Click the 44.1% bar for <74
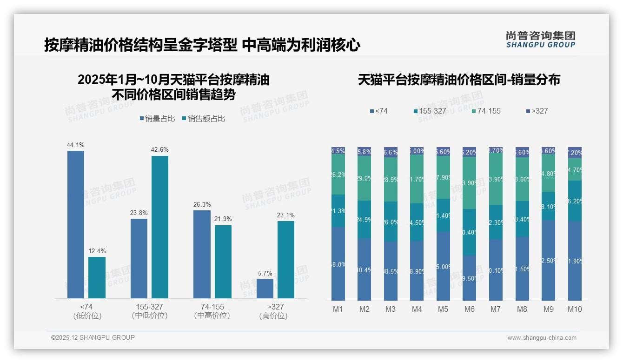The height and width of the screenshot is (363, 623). click(x=76, y=224)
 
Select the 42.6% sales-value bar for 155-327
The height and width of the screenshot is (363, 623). click(x=160, y=227)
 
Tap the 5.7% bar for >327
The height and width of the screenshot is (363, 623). click(x=265, y=289)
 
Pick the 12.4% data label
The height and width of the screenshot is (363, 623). click(x=97, y=251)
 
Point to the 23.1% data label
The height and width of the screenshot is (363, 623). click(x=286, y=215)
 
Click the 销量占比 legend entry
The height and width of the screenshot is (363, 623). click(x=157, y=119)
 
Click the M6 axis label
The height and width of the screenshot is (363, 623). click(x=470, y=309)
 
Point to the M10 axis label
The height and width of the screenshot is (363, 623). click(x=575, y=309)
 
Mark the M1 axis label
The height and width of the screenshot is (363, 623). click(x=338, y=309)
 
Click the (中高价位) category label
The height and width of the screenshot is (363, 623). click(x=212, y=316)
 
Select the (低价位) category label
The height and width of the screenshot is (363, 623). click(x=87, y=316)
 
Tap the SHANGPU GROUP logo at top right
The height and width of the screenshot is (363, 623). click(x=541, y=39)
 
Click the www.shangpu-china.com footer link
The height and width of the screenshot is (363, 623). click(x=542, y=338)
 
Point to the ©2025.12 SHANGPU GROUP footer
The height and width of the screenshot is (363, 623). click(x=93, y=337)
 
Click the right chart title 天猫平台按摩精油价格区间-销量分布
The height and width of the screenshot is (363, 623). click(x=459, y=80)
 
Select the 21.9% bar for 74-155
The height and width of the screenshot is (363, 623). click(x=223, y=262)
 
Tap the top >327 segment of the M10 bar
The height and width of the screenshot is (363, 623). click(x=575, y=153)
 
